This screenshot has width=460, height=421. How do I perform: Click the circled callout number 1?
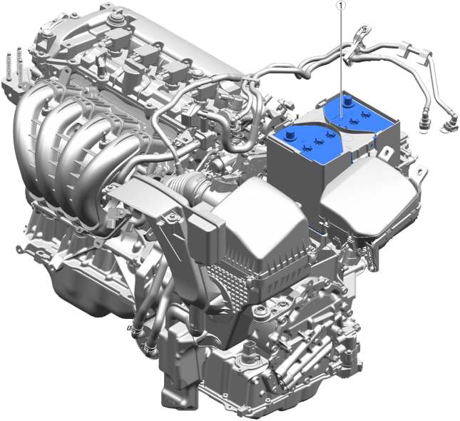click(x=341, y=5)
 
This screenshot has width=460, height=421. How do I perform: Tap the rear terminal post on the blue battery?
click(x=349, y=101)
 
